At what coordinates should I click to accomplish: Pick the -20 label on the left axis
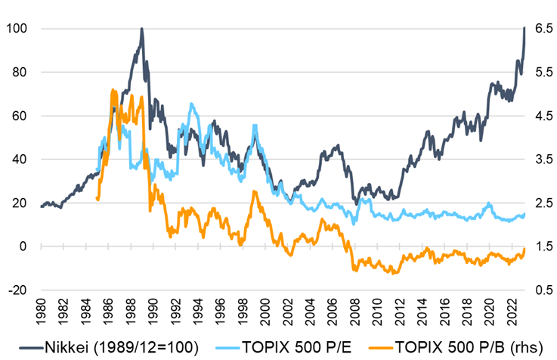point(17,290)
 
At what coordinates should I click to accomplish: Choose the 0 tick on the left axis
point(23,247)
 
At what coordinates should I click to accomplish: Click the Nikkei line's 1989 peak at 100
point(141,29)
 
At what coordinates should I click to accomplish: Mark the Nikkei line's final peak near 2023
point(525,29)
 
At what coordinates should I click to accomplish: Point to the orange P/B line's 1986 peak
point(112,90)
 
